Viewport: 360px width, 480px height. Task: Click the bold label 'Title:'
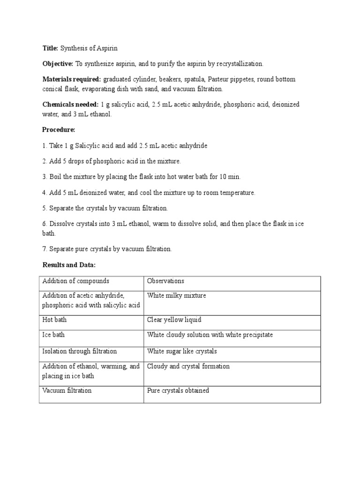(50, 48)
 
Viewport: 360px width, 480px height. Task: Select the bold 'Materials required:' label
(71, 79)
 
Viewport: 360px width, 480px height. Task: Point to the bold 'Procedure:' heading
(59, 129)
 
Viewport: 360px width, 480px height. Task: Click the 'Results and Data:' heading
(69, 265)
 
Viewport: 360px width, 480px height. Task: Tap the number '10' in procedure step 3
(222, 177)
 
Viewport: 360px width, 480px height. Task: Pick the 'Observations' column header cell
(165, 281)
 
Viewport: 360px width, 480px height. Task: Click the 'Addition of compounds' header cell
(75, 281)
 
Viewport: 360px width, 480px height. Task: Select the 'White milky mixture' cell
(176, 295)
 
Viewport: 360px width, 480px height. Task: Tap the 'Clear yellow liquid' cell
(174, 320)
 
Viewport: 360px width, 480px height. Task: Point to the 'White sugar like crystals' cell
(182, 351)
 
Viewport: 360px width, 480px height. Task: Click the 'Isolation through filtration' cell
(80, 351)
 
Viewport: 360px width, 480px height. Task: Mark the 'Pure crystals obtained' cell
(178, 390)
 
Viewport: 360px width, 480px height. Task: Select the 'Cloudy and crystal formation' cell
(188, 366)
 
